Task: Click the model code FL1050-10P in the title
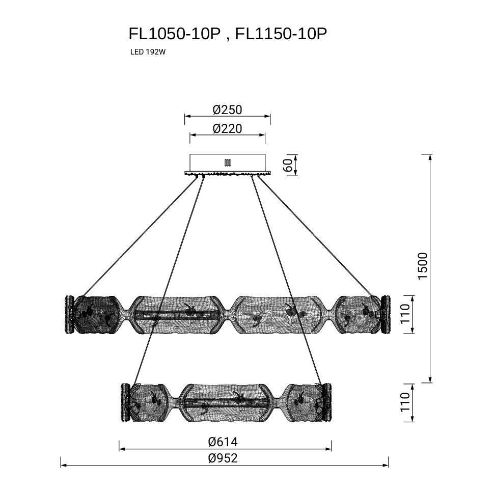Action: pos(175,34)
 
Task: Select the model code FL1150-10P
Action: pos(282,34)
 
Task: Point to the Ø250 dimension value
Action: pos(227,110)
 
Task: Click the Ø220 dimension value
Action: pos(227,129)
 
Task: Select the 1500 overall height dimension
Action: pos(423,265)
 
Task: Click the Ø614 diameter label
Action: pos(223,442)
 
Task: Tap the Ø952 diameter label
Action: pos(223,458)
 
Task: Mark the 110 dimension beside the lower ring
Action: pos(405,403)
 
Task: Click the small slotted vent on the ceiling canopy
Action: pos(227,163)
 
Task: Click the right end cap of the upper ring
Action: pos(386,314)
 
